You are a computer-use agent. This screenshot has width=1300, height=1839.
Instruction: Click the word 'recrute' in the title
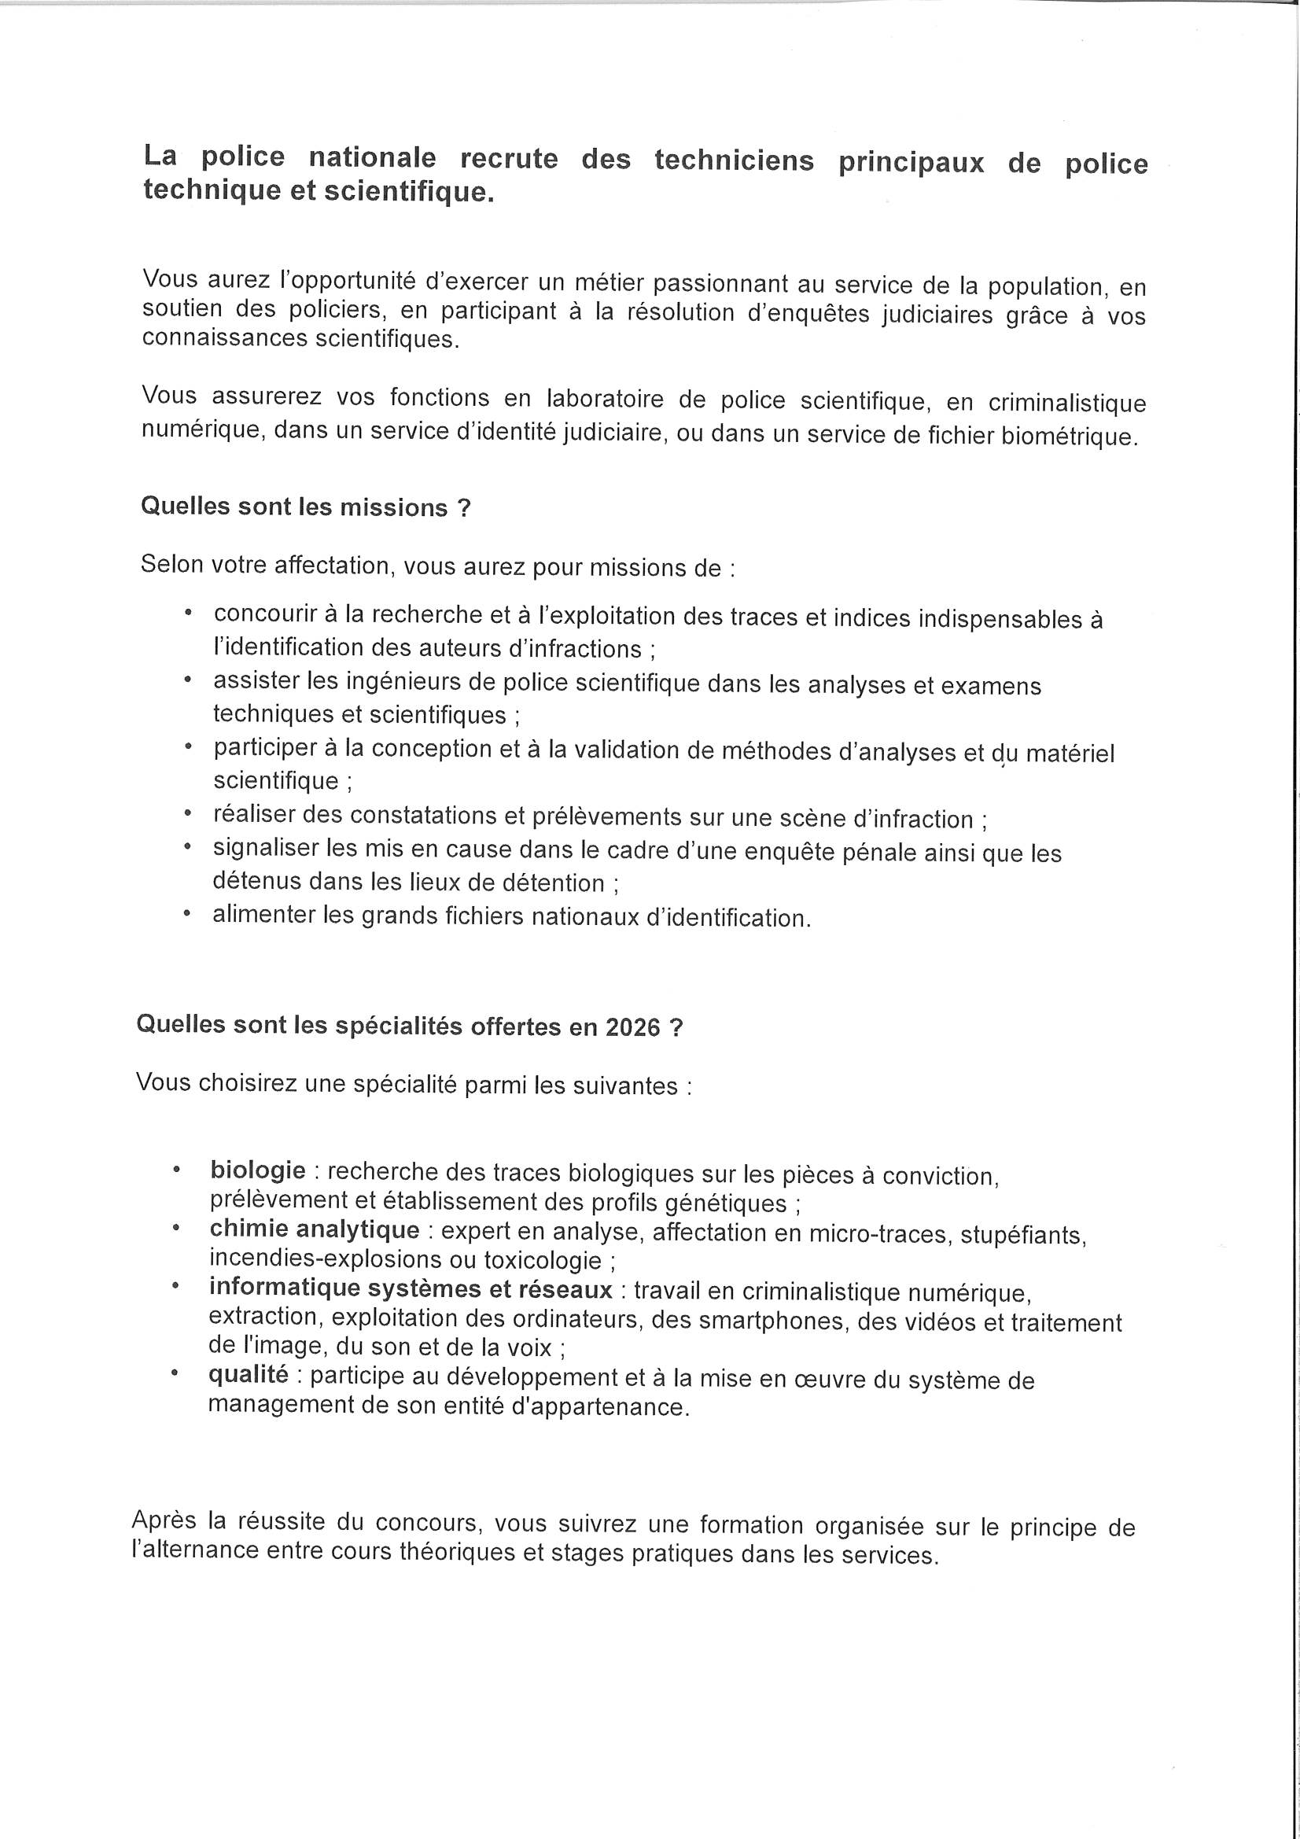(509, 159)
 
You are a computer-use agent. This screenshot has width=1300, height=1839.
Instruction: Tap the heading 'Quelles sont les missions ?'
(305, 507)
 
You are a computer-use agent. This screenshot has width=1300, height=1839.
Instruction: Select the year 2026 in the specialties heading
(633, 1027)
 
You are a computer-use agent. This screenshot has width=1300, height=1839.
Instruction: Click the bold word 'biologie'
(258, 1170)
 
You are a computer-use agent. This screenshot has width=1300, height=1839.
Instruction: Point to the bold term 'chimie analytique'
(314, 1229)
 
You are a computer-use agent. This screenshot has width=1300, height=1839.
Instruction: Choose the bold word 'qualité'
(248, 1374)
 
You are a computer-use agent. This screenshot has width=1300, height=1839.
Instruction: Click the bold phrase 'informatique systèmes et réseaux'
(410, 1288)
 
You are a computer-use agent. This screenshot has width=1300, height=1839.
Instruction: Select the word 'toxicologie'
(543, 1261)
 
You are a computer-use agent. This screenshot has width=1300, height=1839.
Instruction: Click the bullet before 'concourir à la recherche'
(187, 613)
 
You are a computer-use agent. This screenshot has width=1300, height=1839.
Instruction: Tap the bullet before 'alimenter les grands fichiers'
(186, 913)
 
